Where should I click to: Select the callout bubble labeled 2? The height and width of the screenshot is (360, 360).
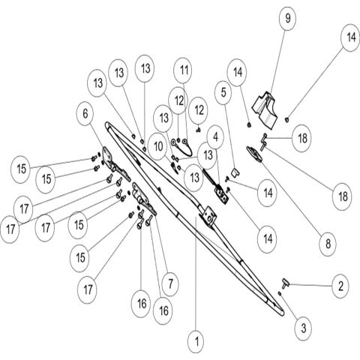pos(341,286)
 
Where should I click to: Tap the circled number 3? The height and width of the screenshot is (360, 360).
pos(304,328)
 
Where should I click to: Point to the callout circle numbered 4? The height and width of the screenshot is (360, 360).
pos(215,137)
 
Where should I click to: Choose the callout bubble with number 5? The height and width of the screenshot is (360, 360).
pos(223,92)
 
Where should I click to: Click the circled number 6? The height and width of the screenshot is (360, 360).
pos(85,114)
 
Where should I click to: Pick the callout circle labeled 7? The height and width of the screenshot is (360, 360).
pos(170,283)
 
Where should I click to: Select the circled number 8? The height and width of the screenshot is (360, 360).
pos(328,243)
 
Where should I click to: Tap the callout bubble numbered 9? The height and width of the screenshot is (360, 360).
pos(287,18)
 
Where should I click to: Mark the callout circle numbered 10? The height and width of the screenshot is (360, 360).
pos(158,146)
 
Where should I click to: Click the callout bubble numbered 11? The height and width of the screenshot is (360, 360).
pos(184,70)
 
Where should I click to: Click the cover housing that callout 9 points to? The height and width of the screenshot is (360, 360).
pos(265,110)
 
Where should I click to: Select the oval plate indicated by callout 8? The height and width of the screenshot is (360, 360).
pos(254,154)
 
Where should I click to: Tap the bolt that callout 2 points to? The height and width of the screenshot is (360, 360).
pos(285,283)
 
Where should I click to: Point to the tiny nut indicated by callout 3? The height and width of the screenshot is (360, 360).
pos(280,293)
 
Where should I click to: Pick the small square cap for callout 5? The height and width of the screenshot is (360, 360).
pos(235,172)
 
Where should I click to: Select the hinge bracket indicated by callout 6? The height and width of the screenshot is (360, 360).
pos(115,165)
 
